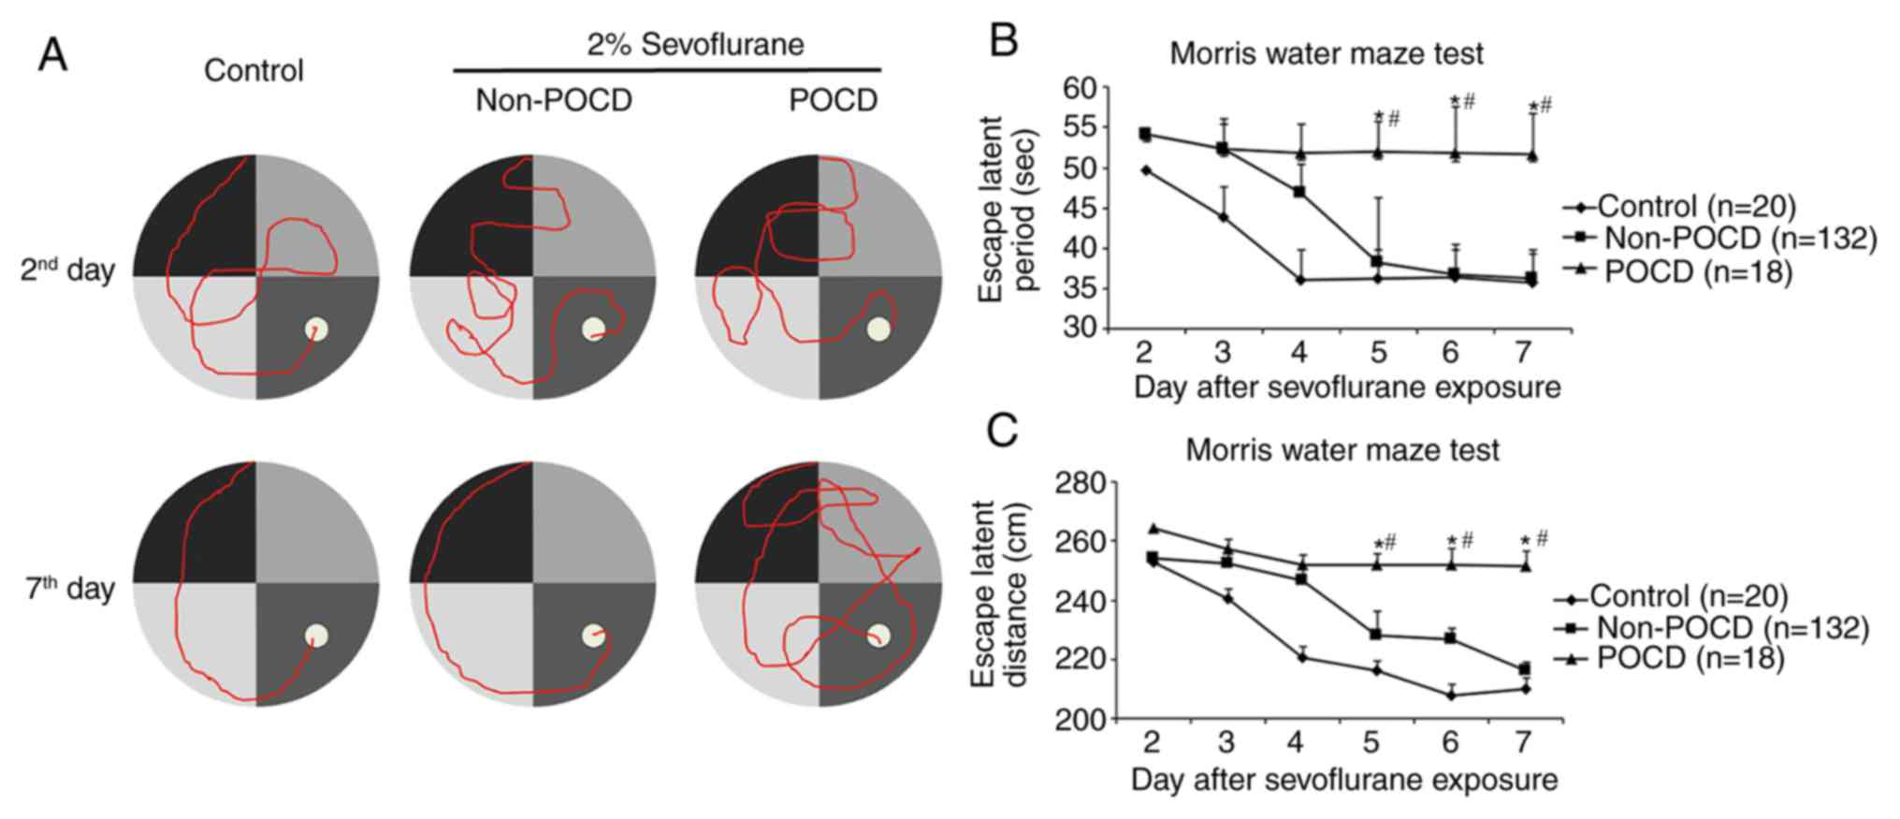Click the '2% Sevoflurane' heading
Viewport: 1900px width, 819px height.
pyautogui.click(x=695, y=44)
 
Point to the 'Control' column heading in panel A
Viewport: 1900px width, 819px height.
pyautogui.click(x=254, y=70)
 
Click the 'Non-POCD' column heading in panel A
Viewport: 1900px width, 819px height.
pyautogui.click(x=554, y=100)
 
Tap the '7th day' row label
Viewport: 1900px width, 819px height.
pyautogui.click(x=69, y=589)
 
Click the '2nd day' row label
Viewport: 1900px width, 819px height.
pyautogui.click(x=67, y=271)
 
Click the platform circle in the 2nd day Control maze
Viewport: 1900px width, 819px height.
pyautogui.click(x=316, y=329)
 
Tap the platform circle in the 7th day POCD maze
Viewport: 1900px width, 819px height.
pyautogui.click(x=877, y=636)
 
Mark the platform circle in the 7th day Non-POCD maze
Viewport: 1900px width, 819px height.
pyautogui.click(x=593, y=636)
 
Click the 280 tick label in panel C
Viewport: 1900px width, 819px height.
pyautogui.click(x=1081, y=483)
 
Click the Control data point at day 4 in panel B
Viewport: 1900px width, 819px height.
pyautogui.click(x=1299, y=280)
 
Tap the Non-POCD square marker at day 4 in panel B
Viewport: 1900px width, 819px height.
pyautogui.click(x=1299, y=192)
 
